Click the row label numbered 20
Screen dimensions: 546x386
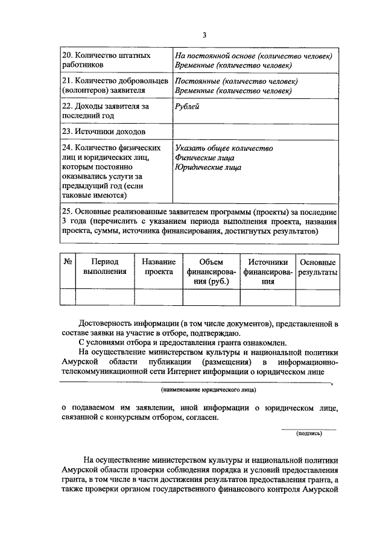point(107,60)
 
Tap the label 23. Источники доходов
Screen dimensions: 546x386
point(104,131)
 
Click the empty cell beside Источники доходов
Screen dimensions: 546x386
point(256,131)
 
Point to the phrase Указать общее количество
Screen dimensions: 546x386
point(224,148)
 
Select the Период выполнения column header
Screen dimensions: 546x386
point(104,267)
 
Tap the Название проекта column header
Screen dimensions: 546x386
point(158,267)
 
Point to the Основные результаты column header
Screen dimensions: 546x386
point(317,267)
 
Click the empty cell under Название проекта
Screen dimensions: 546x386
point(158,297)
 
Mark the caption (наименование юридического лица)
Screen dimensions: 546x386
point(196,391)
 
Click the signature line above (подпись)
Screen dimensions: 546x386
point(309,428)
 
